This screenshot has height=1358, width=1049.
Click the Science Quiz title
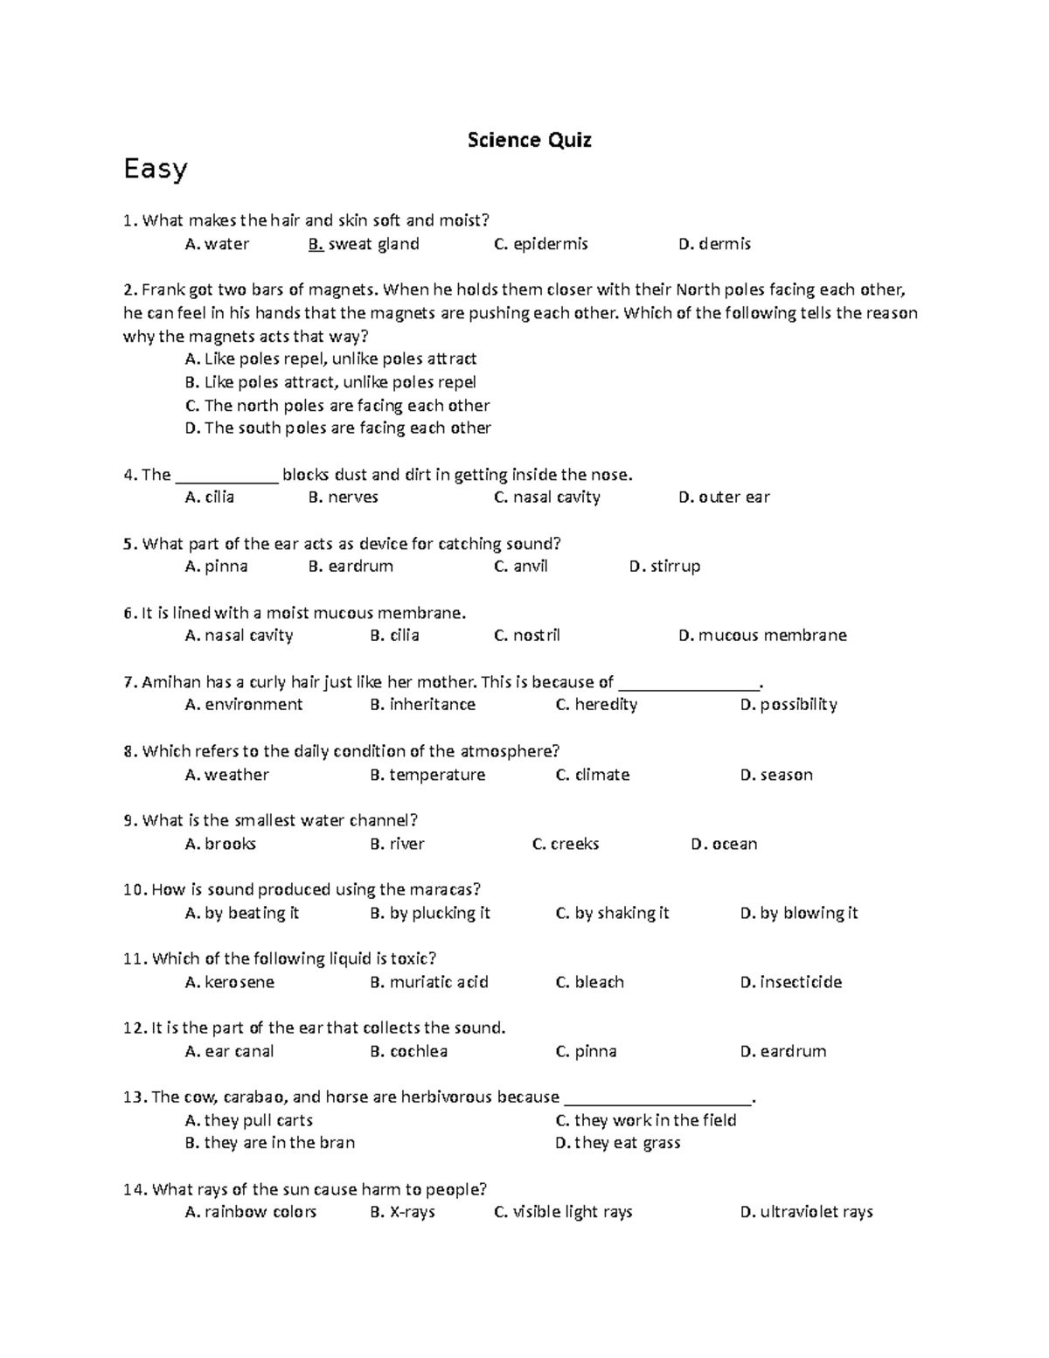[529, 140]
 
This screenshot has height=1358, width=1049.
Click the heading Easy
[156, 169]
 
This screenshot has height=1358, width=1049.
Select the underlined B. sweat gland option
[364, 244]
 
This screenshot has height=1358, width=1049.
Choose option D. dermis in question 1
[714, 244]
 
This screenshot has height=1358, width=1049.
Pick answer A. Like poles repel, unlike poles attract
[330, 359]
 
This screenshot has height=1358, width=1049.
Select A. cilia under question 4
[210, 497]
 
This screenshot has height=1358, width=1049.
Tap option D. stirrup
[664, 566]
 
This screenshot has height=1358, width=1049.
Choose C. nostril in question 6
[526, 635]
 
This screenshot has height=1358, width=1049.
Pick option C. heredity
[596, 704]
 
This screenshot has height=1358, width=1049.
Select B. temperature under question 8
[427, 774]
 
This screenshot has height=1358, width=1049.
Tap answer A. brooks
[220, 844]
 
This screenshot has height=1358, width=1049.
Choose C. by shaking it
[612, 913]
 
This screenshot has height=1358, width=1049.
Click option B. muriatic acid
[429, 982]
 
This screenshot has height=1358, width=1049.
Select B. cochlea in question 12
[408, 1051]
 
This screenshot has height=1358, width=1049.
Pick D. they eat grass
[617, 1143]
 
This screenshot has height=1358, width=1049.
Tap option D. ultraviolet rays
[806, 1212]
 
